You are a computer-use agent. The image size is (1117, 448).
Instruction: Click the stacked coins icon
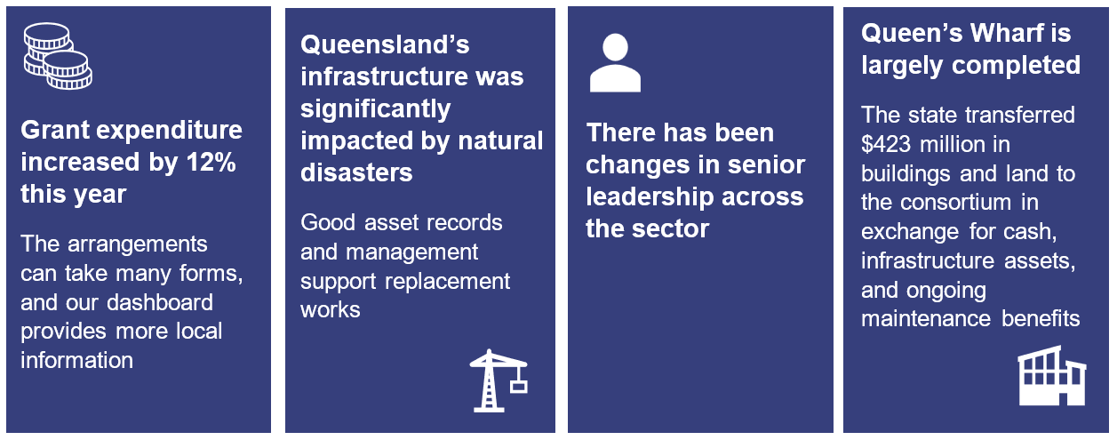tap(58, 56)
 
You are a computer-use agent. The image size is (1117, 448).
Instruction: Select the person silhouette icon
tap(615, 63)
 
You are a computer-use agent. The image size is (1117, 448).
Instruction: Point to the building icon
tap(1051, 375)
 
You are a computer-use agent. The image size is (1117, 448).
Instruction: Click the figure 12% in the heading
tap(211, 162)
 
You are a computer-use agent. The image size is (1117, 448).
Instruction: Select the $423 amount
tap(886, 144)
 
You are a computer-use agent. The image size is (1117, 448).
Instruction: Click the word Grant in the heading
tap(54, 130)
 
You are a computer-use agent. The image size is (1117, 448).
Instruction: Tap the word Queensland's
tap(385, 45)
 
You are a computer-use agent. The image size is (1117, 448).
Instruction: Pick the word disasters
tap(356, 173)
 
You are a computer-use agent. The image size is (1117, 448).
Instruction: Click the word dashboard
tap(160, 302)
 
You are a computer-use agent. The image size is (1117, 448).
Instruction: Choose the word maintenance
tap(926, 319)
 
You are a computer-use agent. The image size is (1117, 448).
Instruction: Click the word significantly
tap(376, 109)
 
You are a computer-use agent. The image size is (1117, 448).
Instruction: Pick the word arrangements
tap(137, 244)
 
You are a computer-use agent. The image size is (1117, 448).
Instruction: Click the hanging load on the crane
tap(519, 386)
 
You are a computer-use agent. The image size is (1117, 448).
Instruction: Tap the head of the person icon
tap(615, 47)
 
